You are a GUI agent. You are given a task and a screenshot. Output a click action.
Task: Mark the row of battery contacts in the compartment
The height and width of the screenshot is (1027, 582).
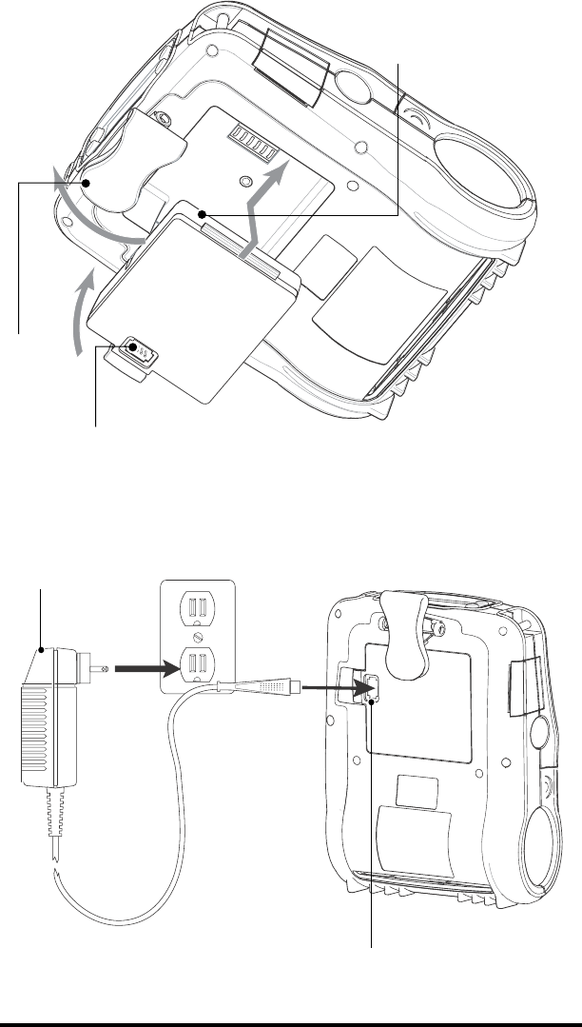click(251, 146)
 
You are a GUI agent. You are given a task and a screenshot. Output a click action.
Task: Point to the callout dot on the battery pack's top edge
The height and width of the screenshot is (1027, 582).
click(204, 216)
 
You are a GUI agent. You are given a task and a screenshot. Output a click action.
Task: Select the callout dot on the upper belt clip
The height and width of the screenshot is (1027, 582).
click(87, 183)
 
